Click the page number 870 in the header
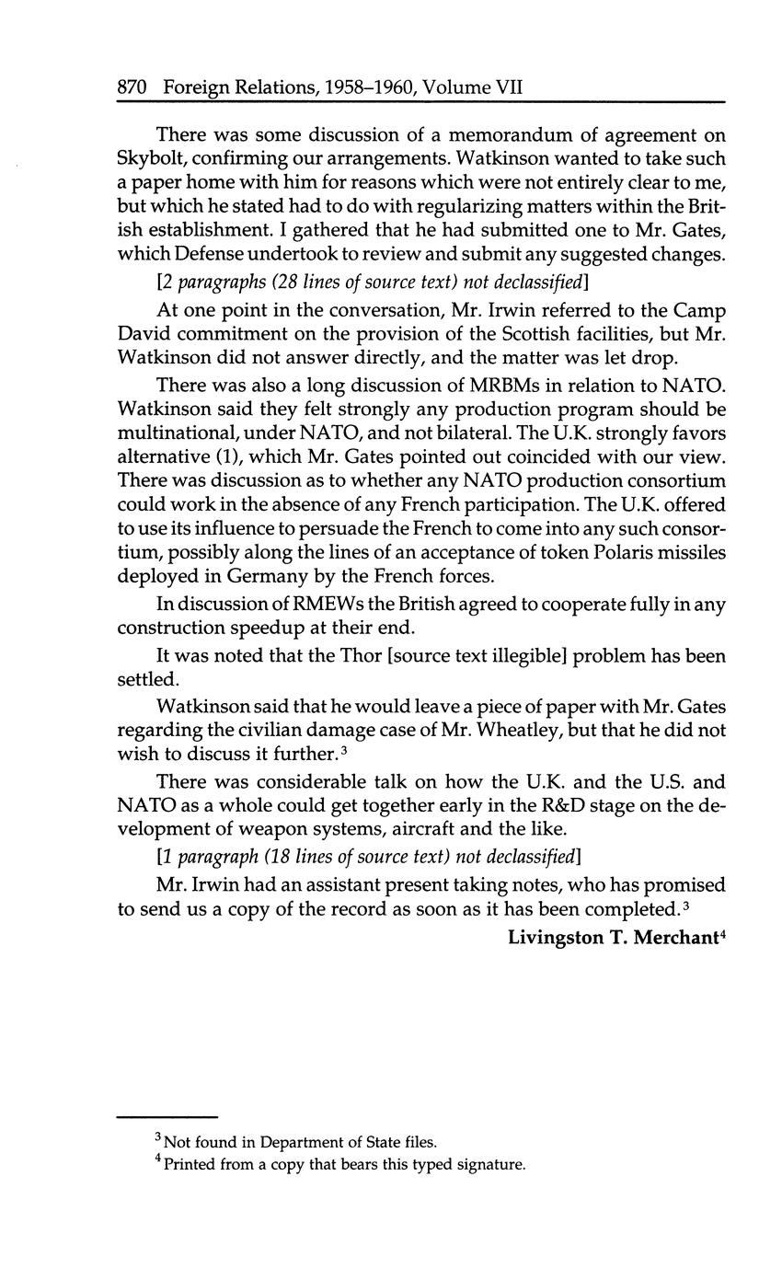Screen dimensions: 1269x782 (x=132, y=87)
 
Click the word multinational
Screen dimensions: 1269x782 (x=178, y=432)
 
